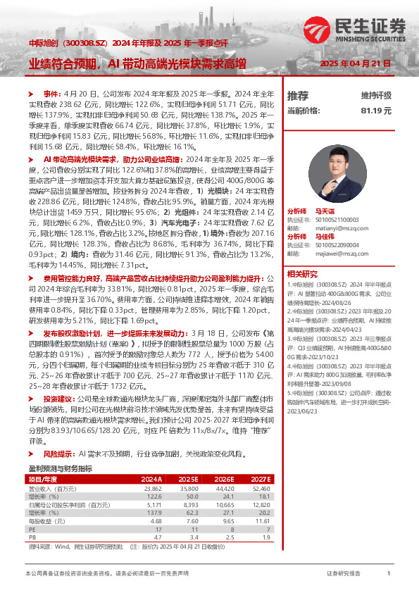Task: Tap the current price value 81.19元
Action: click(x=375, y=111)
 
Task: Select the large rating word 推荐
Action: click(x=298, y=95)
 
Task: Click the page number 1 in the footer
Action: click(x=389, y=574)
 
